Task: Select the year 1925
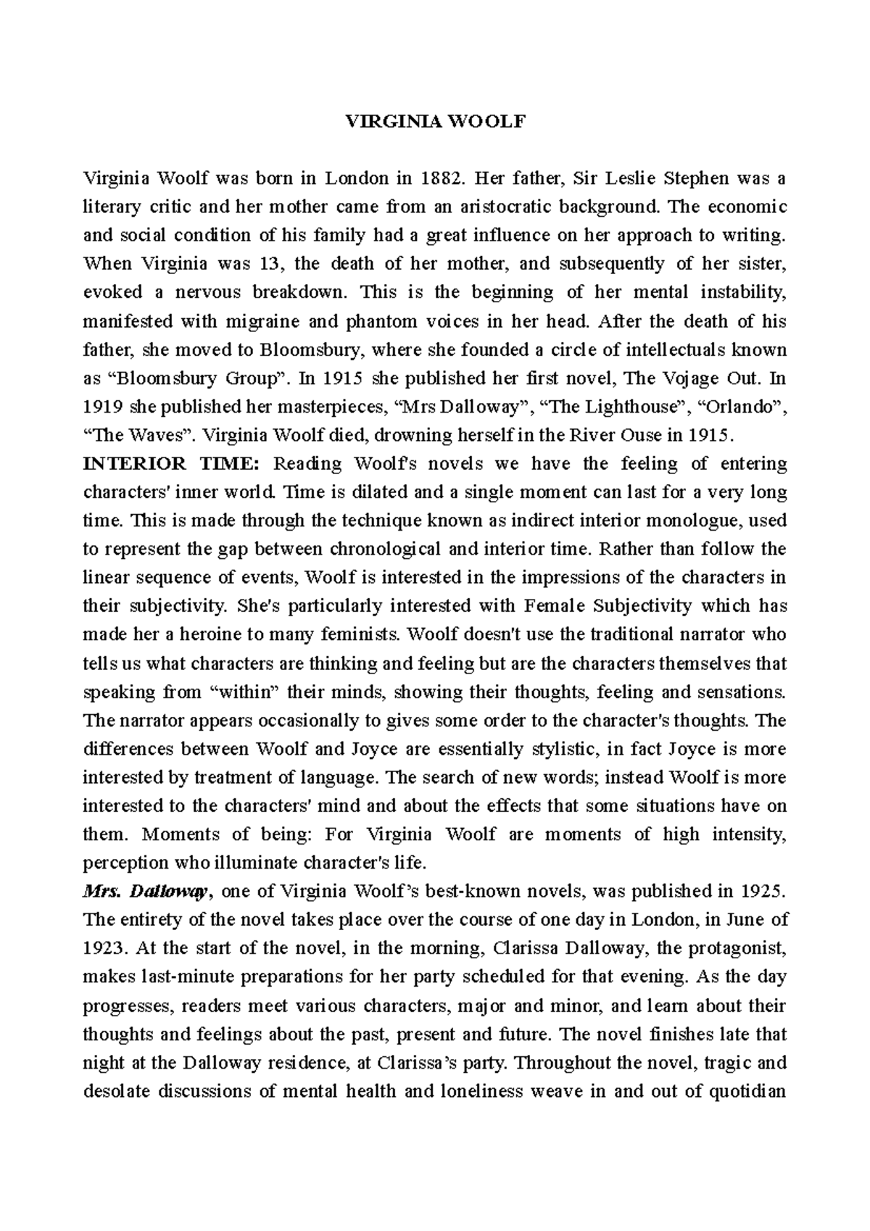point(761,891)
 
